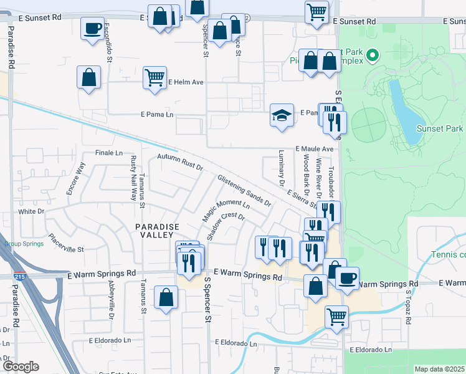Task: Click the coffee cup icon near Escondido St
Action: point(93,28)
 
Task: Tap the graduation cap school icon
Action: point(282,115)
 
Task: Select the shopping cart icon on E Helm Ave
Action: point(155,78)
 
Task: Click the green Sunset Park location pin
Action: point(373,56)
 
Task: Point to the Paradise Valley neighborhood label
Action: point(159,231)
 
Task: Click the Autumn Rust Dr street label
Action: point(180,163)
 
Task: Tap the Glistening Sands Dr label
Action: point(244,191)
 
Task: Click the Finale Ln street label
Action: point(108,152)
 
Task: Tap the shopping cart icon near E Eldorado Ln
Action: point(336,316)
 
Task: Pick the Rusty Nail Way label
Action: point(133,177)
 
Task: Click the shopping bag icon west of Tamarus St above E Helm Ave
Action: point(89,78)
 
